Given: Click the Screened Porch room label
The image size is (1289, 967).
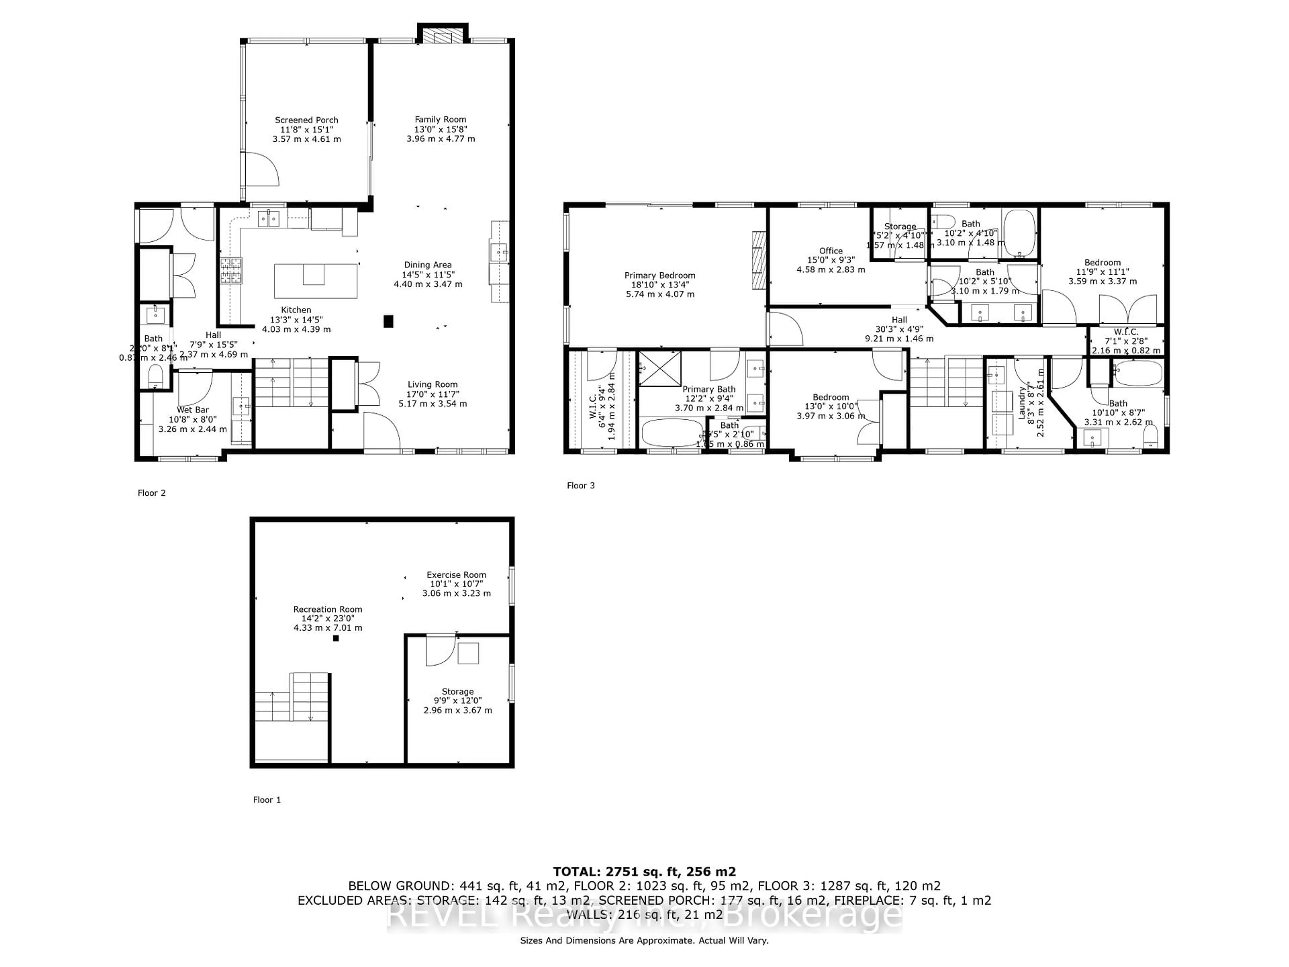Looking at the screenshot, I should (306, 120).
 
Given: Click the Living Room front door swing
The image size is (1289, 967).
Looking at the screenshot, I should (381, 431).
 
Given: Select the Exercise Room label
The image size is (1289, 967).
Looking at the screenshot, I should (456, 575).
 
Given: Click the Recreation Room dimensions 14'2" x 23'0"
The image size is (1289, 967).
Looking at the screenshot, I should (328, 618).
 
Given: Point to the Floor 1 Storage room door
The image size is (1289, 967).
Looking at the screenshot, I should (440, 650).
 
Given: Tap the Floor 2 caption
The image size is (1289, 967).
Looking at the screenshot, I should (151, 493).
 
